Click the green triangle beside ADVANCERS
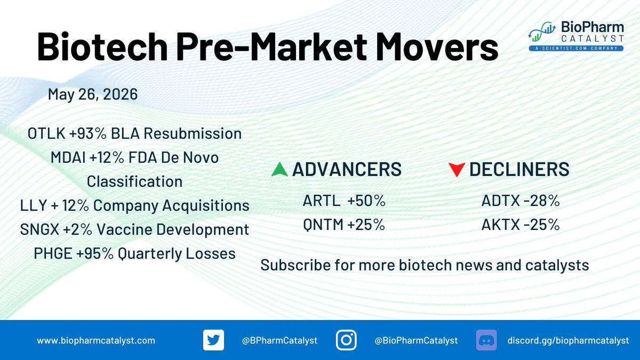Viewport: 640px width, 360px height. (279, 170)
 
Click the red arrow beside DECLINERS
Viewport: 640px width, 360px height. (457, 170)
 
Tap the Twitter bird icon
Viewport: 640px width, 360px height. (213, 340)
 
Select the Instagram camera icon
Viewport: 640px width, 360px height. (346, 340)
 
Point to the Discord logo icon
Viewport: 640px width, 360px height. (486, 340)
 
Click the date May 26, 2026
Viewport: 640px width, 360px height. (93, 94)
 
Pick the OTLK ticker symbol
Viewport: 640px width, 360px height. (46, 133)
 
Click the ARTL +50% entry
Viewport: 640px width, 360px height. (344, 201)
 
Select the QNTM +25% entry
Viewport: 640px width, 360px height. (344, 225)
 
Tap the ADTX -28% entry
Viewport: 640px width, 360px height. (521, 201)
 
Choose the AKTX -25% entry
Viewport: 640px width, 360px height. (521, 225)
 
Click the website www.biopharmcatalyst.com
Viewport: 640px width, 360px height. (96, 341)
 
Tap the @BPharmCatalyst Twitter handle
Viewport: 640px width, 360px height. (279, 341)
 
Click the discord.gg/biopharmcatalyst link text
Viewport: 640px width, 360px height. (569, 341)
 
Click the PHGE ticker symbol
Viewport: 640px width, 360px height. (53, 253)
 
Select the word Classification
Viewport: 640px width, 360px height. (134, 181)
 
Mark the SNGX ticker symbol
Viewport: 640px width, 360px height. (39, 229)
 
